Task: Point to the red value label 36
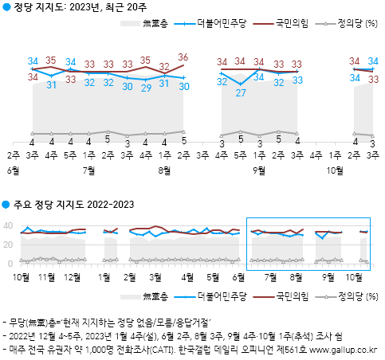point(183,57)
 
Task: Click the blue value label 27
point(241,92)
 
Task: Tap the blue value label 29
point(146,88)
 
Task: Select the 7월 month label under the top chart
point(88,170)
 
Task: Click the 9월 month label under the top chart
point(259,170)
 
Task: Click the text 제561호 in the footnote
point(292,349)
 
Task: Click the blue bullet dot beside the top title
point(6,10)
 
